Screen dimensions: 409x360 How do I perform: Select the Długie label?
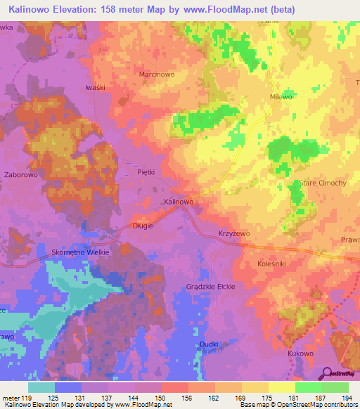pos(143,226)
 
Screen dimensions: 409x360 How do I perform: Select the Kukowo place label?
pos(301,353)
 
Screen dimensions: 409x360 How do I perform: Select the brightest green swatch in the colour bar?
pos(309,387)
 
